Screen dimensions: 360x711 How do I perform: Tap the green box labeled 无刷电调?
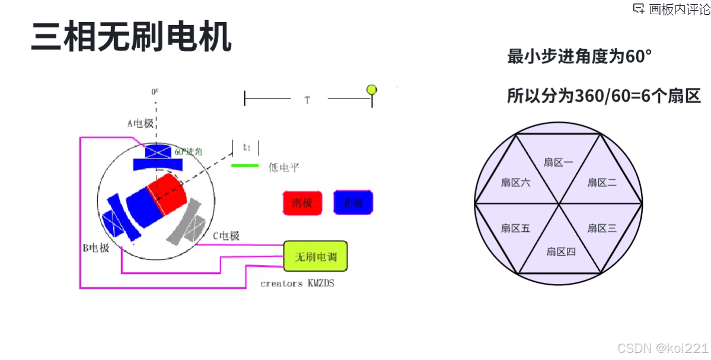coord(315,257)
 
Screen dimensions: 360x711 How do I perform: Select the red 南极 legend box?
coord(302,203)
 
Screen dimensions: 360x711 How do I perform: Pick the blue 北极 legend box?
coord(353,203)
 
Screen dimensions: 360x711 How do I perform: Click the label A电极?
coord(141,123)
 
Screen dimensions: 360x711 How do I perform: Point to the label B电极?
coord(96,248)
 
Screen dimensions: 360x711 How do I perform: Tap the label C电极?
coord(226,236)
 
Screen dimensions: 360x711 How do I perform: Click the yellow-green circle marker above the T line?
coord(372,90)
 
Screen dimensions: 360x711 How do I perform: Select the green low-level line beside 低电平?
coord(245,165)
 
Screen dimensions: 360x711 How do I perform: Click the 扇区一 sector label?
coord(558,162)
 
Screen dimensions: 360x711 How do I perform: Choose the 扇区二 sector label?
coord(602,183)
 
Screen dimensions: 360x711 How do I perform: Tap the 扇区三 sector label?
coord(602,228)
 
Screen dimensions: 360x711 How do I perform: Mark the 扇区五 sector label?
coord(515,228)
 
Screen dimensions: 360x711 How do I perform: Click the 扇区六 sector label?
coord(515,183)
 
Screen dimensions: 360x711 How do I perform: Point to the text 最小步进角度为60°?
coord(579,57)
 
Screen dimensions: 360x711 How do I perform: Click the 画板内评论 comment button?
coord(672,9)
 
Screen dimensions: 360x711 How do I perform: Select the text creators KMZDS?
coord(297,283)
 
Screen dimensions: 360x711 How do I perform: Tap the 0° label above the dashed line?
coord(155,92)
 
